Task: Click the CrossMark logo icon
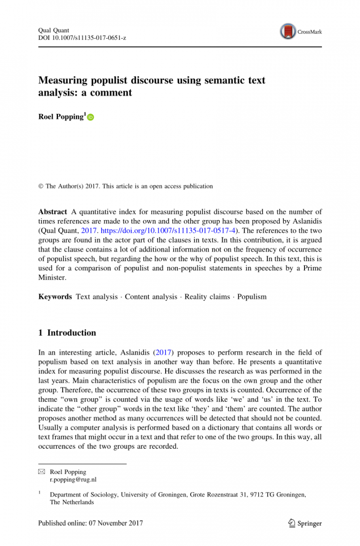click(288, 32)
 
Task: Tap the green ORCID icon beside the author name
click(90, 118)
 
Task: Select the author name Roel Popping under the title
click(61, 117)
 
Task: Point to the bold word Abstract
click(52, 212)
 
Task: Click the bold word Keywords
click(55, 297)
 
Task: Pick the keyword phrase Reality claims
click(207, 297)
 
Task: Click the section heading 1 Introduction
click(67, 333)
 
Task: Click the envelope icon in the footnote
click(41, 472)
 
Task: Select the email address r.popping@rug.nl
click(73, 480)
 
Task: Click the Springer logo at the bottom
click(304, 523)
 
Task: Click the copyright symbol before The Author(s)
click(40, 186)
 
